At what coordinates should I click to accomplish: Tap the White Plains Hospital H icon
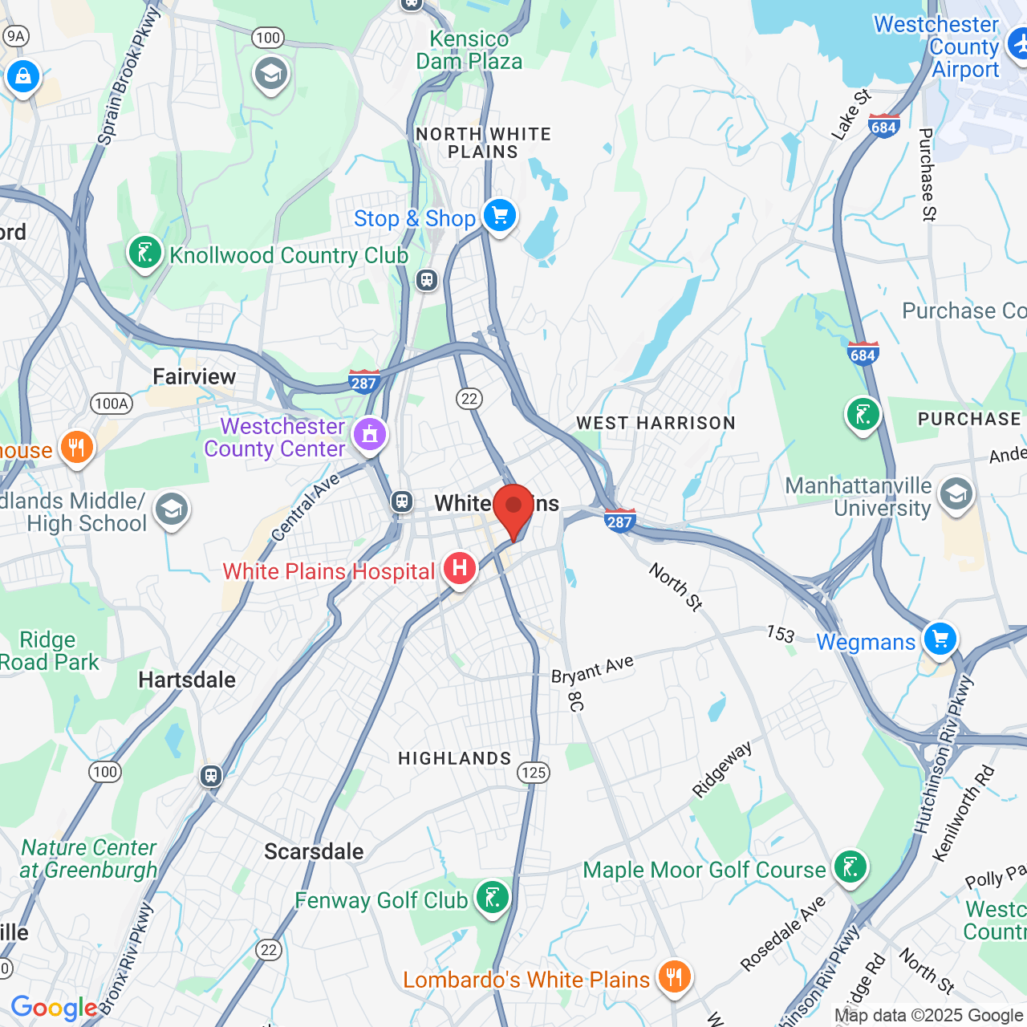pyautogui.click(x=459, y=568)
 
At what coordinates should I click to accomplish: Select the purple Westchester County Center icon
pyautogui.click(x=369, y=435)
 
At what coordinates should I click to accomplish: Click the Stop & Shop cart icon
pyautogui.click(x=499, y=216)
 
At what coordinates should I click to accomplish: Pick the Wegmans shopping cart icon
pyautogui.click(x=940, y=639)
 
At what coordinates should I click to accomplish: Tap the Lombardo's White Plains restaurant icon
pyautogui.click(x=674, y=976)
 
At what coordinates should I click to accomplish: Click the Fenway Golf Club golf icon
pyautogui.click(x=492, y=897)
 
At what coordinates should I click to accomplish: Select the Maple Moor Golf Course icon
pyautogui.click(x=850, y=867)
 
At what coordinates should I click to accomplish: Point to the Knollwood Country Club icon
pyautogui.click(x=144, y=253)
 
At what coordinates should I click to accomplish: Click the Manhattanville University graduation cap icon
pyautogui.click(x=956, y=494)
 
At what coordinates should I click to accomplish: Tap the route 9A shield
pyautogui.click(x=15, y=35)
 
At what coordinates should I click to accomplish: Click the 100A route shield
pyautogui.click(x=112, y=404)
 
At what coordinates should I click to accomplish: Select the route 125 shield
pyautogui.click(x=534, y=773)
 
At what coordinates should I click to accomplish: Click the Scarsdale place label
pyautogui.click(x=314, y=851)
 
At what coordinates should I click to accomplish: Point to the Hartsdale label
pyautogui.click(x=187, y=680)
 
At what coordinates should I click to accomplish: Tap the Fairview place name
pyautogui.click(x=194, y=376)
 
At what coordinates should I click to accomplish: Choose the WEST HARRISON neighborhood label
pyautogui.click(x=656, y=423)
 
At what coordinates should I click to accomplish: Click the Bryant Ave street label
pyautogui.click(x=592, y=670)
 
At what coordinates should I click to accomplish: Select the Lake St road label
pyautogui.click(x=850, y=116)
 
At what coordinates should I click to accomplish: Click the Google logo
pyautogui.click(x=54, y=1008)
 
